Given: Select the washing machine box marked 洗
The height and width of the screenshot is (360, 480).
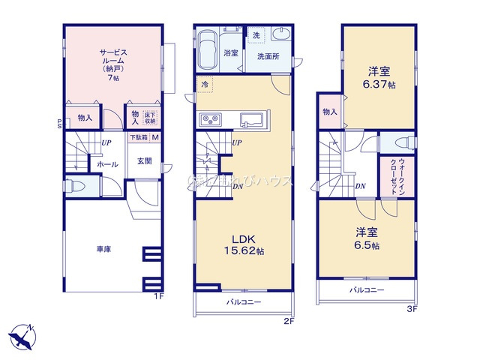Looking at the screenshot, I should click(x=256, y=36).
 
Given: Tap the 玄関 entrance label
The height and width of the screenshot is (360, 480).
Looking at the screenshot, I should click(x=145, y=160).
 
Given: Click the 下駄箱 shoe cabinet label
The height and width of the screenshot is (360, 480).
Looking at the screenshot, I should click(x=138, y=137).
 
